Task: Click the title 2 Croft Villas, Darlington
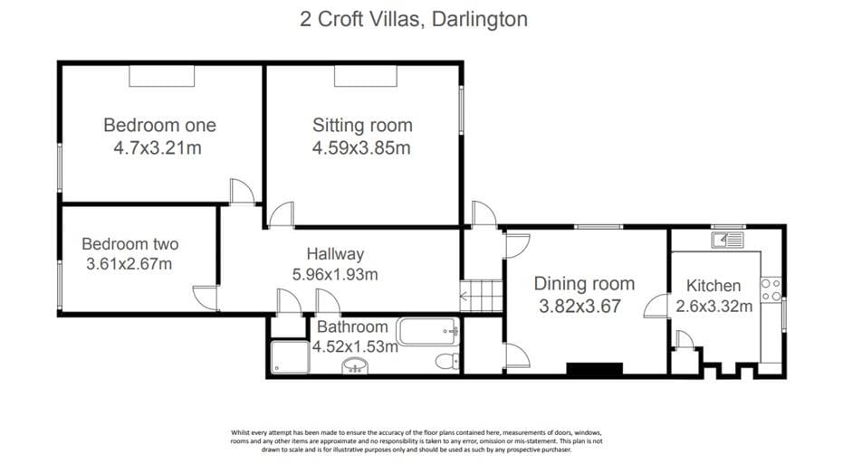(x=414, y=19)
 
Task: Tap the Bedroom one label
(x=159, y=125)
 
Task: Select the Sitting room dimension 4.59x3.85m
(x=361, y=147)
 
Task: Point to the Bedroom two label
(x=130, y=244)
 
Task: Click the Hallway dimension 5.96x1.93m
(x=335, y=274)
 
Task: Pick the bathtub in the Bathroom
(x=428, y=332)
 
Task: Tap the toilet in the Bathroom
(x=447, y=361)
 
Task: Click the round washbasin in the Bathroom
(x=355, y=365)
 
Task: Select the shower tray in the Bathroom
(x=290, y=357)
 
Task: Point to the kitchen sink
(x=727, y=240)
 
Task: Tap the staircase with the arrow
(x=481, y=296)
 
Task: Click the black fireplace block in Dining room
(x=595, y=369)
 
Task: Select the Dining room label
(x=584, y=283)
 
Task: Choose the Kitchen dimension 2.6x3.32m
(x=714, y=306)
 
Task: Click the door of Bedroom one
(x=242, y=191)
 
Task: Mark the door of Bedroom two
(x=206, y=298)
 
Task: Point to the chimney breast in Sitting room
(x=366, y=76)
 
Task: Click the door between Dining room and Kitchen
(x=656, y=306)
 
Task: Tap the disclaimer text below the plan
(x=417, y=440)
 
